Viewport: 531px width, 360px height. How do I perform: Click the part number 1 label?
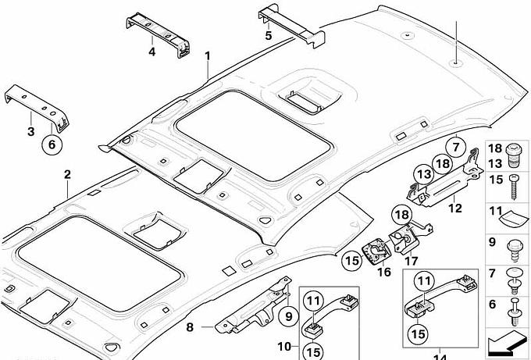pos(208,55)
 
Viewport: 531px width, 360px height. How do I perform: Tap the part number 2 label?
pos(67,174)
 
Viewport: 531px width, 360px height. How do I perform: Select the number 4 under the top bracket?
pos(151,52)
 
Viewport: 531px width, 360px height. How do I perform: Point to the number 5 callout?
pos(268,35)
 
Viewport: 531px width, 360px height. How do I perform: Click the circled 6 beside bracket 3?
pos(52,144)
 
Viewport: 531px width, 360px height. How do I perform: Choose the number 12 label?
pos(454,209)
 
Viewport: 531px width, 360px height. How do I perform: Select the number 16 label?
pos(383,273)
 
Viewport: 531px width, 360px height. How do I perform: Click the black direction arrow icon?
pos(507,341)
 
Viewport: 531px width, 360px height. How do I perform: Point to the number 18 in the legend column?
pos(494,148)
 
